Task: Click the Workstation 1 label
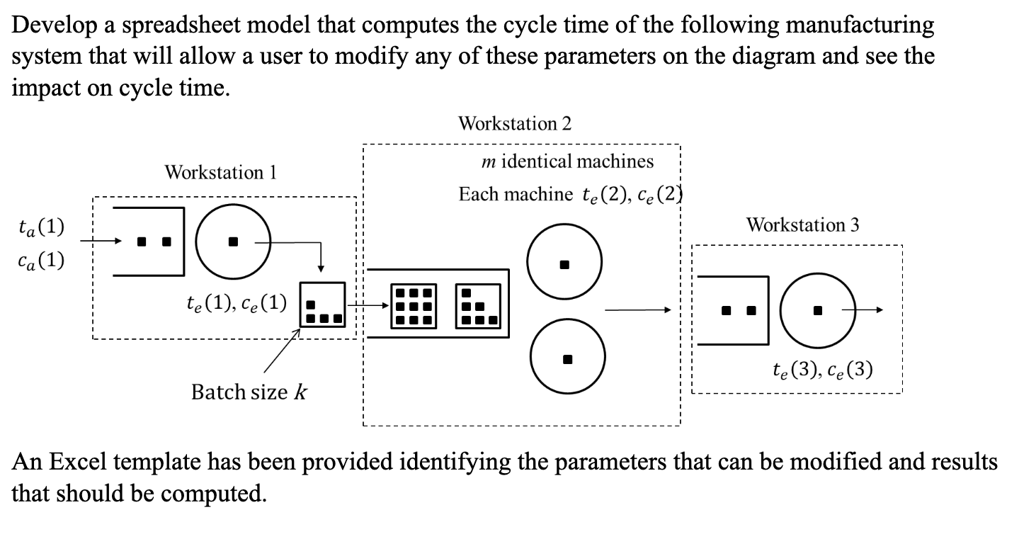pos(220,172)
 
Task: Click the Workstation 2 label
pos(515,123)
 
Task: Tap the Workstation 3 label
pos(802,225)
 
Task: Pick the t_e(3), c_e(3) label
pos(822,369)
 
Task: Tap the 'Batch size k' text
pos(249,392)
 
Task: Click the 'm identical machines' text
pos(567,161)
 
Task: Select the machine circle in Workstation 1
pos(233,242)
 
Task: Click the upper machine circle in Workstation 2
pos(564,265)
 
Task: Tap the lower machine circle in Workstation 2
pos(567,359)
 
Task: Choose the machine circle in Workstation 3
pos(817,309)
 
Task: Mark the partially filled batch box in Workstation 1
pos(323,305)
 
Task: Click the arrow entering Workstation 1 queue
pos(98,242)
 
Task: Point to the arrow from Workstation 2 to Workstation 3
pos(637,309)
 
